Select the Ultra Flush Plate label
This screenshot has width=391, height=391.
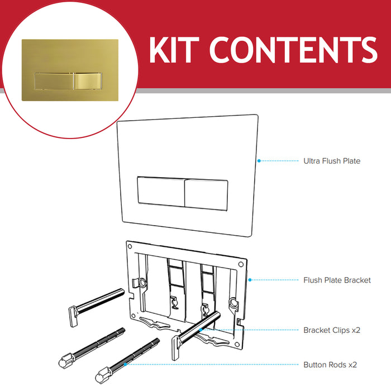[x=332, y=161]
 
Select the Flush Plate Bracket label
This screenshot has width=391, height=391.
[x=337, y=280]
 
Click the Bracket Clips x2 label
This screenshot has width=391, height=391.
[x=332, y=330]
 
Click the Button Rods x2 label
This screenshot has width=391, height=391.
[x=330, y=365]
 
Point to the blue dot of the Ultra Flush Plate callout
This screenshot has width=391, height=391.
[x=259, y=161]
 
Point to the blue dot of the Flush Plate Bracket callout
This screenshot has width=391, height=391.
[x=249, y=280]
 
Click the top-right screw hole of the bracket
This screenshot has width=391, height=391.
[x=240, y=261]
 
